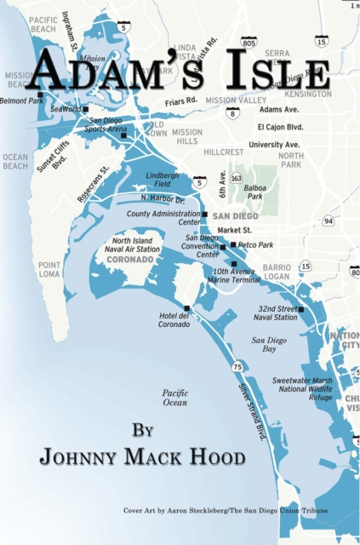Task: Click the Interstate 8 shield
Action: click(232, 112)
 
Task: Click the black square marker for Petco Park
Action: click(233, 244)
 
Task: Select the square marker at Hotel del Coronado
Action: click(186, 308)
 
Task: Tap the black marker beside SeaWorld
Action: click(85, 109)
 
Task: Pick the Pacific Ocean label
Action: click(174, 397)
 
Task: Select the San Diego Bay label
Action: click(270, 344)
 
